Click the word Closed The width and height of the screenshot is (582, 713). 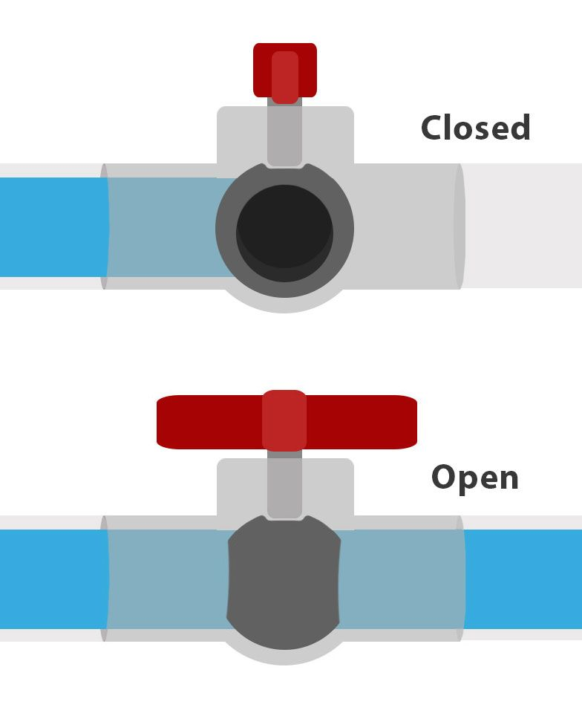click(x=476, y=127)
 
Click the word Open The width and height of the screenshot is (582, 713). click(x=475, y=478)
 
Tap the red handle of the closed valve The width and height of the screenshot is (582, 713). click(x=285, y=71)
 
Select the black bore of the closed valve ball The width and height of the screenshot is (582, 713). click(x=285, y=232)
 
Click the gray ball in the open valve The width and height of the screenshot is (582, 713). click(x=284, y=582)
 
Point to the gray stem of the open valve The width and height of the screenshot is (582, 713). click(x=284, y=485)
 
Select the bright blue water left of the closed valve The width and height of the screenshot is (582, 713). click(x=53, y=227)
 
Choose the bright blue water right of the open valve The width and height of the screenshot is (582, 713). click(x=523, y=579)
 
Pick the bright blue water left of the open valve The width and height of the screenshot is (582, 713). click(x=53, y=579)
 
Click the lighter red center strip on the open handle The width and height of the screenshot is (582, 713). click(x=284, y=420)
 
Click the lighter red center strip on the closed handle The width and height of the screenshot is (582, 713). click(x=285, y=77)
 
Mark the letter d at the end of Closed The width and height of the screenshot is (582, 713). click(x=520, y=127)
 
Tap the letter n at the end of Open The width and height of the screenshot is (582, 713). click(x=509, y=480)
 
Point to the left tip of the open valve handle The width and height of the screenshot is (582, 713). click(x=157, y=422)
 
